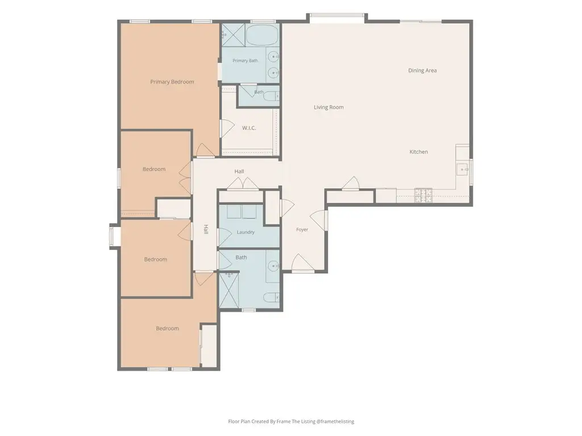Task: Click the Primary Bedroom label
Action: coord(172,82)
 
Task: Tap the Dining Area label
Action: coord(422,70)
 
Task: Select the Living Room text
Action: coord(329,107)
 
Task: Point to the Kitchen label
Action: coord(418,152)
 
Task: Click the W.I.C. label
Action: coord(249,128)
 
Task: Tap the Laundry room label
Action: coord(246,232)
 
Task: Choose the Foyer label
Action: coord(302,229)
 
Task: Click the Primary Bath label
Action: coord(245,60)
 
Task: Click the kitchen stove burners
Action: coord(423,195)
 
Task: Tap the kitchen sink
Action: coord(462,169)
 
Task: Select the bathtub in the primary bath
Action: coord(261,35)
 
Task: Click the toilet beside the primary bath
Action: coord(271,97)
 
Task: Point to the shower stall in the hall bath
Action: coord(229,290)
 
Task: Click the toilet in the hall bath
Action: coord(271,297)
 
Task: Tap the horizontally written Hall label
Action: coord(239,171)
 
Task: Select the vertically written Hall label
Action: coord(205,229)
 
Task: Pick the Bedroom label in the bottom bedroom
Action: coord(168,329)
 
